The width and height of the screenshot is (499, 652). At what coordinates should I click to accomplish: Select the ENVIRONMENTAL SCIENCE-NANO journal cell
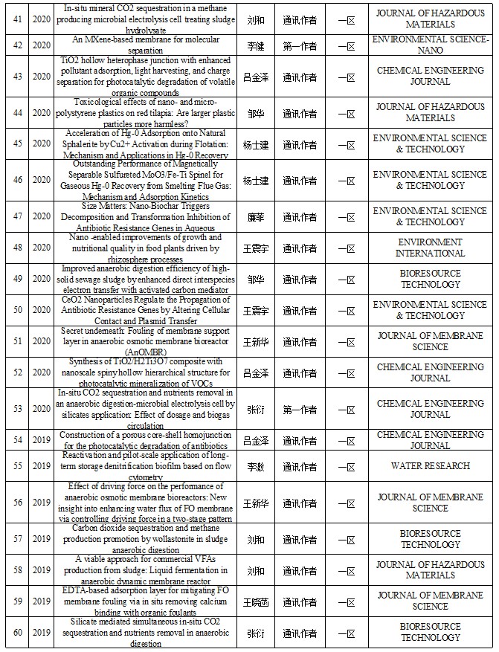click(x=431, y=45)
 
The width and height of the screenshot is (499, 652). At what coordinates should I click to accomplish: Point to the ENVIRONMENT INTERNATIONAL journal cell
click(x=431, y=248)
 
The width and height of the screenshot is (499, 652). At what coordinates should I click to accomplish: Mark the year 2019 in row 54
click(x=42, y=439)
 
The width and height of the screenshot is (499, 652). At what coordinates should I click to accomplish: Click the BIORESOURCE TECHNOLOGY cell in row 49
click(x=431, y=279)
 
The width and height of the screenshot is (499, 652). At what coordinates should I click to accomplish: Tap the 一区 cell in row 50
click(x=344, y=310)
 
